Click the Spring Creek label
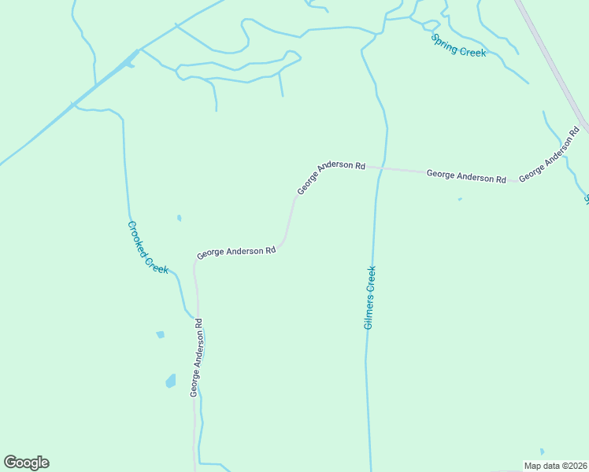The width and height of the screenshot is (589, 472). click(x=458, y=45)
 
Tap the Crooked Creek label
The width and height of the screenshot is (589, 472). click(x=148, y=247)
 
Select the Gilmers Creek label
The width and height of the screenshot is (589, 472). click(x=369, y=297)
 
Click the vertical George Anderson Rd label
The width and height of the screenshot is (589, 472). click(x=197, y=357)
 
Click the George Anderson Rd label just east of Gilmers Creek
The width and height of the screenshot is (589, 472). click(x=466, y=175)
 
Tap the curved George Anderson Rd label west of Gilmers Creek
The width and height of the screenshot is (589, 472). click(x=331, y=177)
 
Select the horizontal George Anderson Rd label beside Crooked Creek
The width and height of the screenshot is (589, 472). click(x=236, y=253)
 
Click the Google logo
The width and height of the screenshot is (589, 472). click(x=26, y=463)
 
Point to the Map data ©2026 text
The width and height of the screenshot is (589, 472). click(x=555, y=466)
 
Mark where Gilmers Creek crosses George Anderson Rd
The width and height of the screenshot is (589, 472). click(x=381, y=168)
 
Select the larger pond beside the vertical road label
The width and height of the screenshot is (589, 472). click(x=170, y=382)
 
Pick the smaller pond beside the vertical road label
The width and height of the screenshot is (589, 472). click(x=161, y=334)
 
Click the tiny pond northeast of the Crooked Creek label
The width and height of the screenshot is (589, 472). click(x=179, y=218)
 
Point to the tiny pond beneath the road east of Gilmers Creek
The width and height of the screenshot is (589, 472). click(x=460, y=199)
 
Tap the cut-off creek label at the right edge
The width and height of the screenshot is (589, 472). click(x=586, y=197)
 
